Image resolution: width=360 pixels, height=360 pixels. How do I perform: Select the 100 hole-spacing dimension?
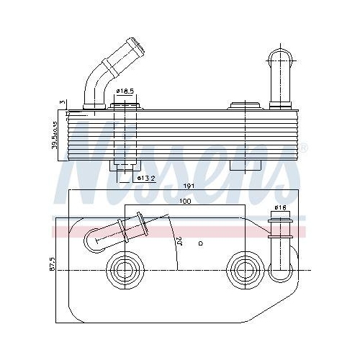186,202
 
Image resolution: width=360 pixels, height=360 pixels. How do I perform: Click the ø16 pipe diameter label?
280,208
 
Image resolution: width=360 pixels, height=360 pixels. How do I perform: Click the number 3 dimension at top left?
63,103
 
